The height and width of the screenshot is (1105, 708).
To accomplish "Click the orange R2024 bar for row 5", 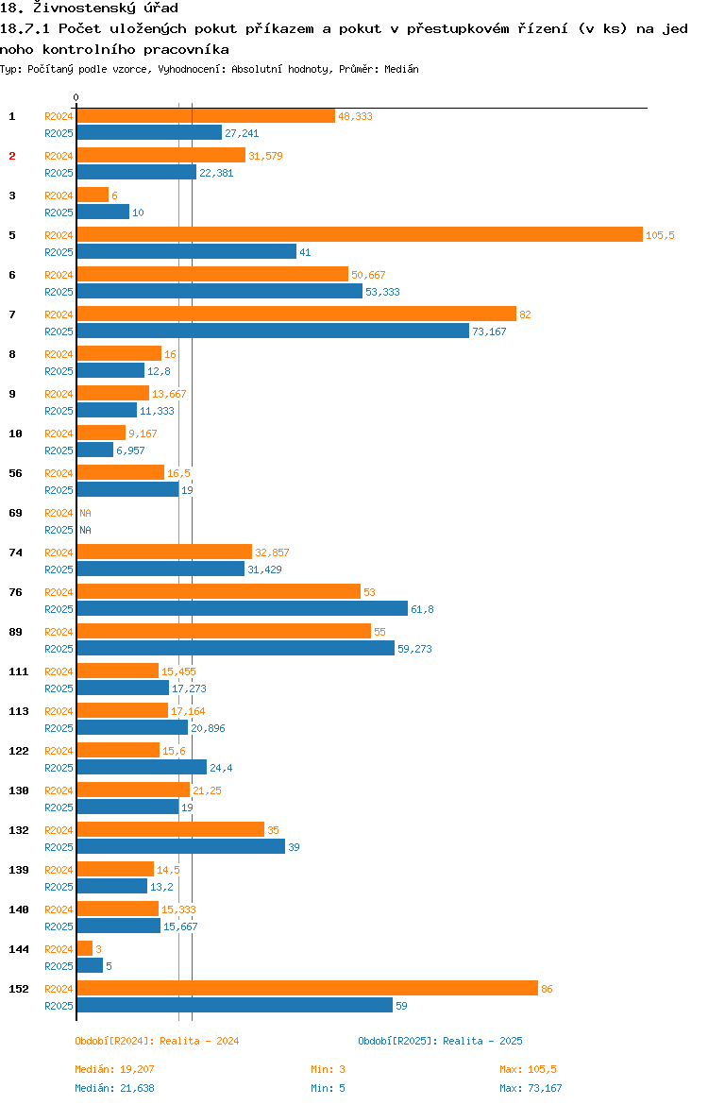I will [x=359, y=234].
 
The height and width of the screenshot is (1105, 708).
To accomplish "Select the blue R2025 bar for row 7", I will [x=273, y=331].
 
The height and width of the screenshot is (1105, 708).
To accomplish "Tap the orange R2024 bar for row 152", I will [x=307, y=988].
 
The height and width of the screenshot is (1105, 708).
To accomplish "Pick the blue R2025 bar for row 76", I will [x=242, y=608].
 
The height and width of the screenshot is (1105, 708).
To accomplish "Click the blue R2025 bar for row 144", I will [x=90, y=965].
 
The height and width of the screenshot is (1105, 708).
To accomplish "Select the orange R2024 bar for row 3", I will [x=93, y=195].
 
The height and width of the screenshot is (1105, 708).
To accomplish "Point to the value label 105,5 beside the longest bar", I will [x=660, y=235].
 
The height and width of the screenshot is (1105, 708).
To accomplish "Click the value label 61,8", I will [x=422, y=609].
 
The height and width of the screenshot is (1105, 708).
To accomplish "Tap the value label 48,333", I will [x=355, y=116].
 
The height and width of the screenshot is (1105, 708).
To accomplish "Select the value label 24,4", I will [x=221, y=768].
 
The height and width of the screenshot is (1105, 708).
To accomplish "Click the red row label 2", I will [x=12, y=156].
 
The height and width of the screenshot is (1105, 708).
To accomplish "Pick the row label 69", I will [x=15, y=513].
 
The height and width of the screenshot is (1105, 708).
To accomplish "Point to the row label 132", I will [x=18, y=830].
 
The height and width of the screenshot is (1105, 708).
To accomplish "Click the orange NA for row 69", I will [x=85, y=513].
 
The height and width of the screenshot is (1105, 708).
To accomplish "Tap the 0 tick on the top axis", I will [x=76, y=97].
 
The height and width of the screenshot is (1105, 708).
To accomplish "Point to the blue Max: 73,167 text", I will [x=531, y=1088].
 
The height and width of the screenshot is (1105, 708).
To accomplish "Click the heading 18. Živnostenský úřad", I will [x=89, y=8].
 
